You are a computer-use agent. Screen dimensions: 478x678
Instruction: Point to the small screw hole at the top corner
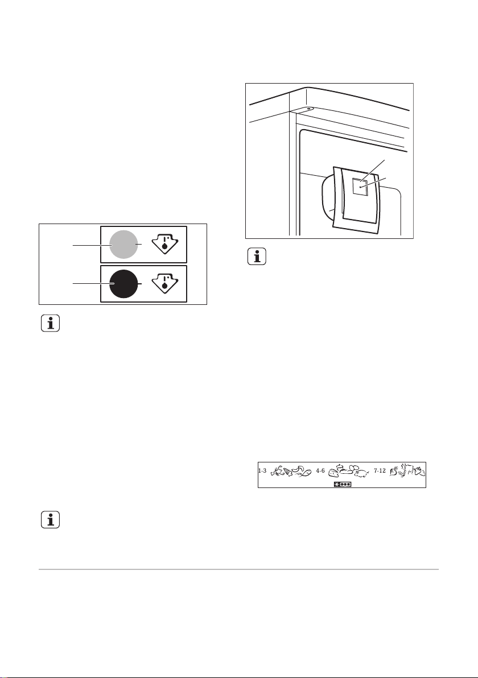(x=308, y=108)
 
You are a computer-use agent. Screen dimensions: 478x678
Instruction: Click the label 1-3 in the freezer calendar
(x=262, y=472)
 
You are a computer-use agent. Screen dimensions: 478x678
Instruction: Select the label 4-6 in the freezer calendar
(x=320, y=472)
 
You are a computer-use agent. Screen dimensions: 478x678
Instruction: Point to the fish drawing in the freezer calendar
(x=304, y=472)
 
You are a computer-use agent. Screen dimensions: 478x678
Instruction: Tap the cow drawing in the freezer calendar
(x=409, y=472)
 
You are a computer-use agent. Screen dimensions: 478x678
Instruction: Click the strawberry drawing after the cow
(x=421, y=472)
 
